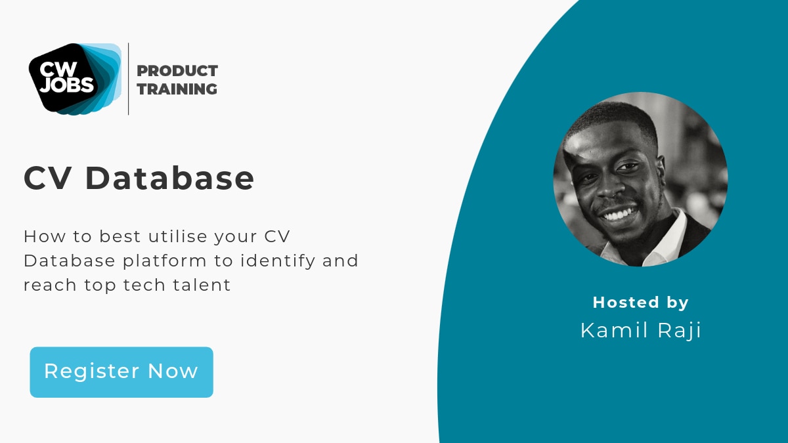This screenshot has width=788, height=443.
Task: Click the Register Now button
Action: (121, 371)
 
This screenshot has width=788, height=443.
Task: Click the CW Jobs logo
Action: (74, 78)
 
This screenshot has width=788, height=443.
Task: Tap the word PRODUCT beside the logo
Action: (177, 71)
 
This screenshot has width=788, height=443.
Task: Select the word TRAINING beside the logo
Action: (177, 89)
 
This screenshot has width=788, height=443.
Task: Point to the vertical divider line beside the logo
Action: (128, 79)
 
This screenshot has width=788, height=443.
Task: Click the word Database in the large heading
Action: (169, 178)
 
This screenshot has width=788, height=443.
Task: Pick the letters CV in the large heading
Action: (49, 178)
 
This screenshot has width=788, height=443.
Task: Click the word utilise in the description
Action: (172, 236)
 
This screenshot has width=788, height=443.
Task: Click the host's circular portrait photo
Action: (640, 179)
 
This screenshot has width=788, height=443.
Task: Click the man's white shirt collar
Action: (667, 240)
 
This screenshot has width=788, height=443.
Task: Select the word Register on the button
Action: (91, 371)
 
